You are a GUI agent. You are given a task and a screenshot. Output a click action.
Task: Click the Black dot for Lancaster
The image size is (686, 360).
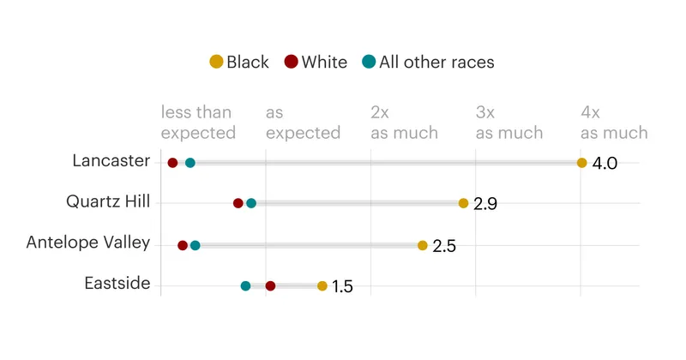(581, 163)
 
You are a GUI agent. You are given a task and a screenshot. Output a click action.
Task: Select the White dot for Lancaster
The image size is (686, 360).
(172, 163)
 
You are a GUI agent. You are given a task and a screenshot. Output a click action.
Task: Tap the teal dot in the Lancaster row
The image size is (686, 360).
(190, 163)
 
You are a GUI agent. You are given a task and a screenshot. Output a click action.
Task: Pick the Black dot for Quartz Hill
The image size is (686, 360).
(463, 203)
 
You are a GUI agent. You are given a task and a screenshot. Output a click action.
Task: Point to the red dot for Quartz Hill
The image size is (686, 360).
(238, 203)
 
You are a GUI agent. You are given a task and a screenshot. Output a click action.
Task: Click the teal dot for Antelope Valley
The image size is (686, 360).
(196, 245)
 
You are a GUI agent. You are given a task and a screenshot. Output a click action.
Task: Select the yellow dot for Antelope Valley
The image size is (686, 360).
(422, 245)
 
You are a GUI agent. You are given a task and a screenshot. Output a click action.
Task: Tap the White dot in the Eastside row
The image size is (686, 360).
(270, 286)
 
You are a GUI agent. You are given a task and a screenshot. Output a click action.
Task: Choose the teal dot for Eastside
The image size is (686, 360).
(245, 286)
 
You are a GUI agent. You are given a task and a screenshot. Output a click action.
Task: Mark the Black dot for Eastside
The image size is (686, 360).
(322, 286)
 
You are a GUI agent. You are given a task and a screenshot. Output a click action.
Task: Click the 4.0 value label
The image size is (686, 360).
(605, 163)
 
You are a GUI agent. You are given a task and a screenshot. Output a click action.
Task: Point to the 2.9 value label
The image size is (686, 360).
(485, 204)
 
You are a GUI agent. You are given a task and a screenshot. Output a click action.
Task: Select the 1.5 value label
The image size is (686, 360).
(342, 286)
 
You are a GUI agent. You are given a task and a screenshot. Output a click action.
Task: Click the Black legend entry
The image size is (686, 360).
(239, 62)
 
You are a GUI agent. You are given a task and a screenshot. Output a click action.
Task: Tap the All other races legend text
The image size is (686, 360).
(436, 62)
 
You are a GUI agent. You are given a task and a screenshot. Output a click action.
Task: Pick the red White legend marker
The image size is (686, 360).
(291, 62)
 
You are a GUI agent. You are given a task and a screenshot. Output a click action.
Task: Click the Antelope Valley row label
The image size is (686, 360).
(88, 243)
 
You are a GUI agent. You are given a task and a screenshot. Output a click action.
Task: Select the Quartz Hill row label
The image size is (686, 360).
(108, 201)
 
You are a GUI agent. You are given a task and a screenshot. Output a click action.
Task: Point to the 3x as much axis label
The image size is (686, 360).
(509, 123)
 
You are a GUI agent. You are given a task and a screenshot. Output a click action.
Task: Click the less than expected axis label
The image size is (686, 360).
(198, 123)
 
